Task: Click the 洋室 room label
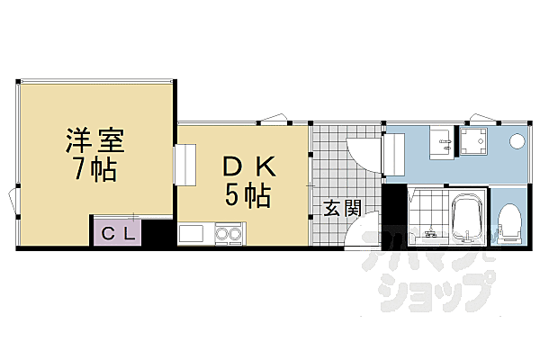coord(94,140)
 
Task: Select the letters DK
coord(243,166)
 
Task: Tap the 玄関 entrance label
coord(342,208)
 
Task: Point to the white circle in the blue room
coord(517,141)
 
